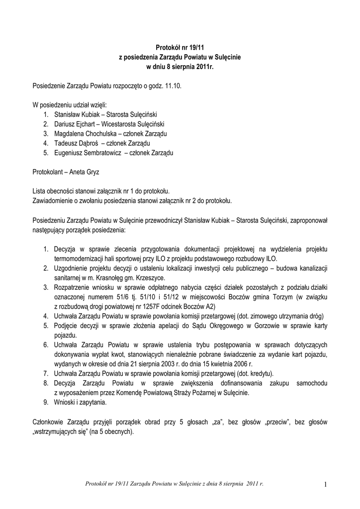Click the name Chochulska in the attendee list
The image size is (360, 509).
(x=102, y=134)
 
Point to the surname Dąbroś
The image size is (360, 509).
(x=87, y=143)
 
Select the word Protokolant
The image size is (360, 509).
(x=49, y=171)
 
